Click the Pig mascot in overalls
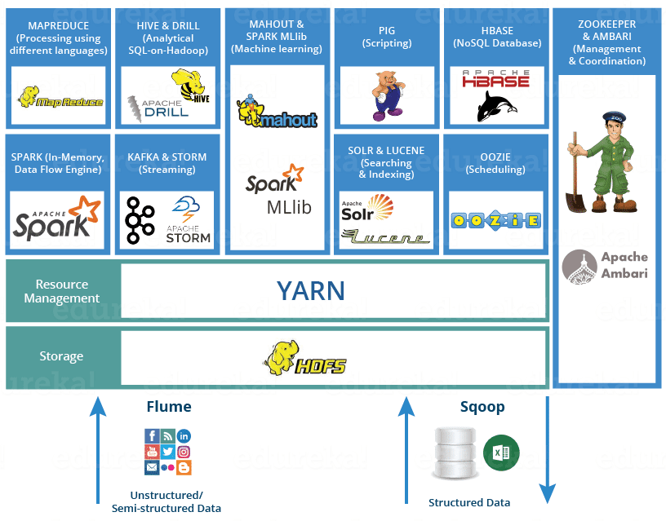(387, 95)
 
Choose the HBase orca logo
(495, 95)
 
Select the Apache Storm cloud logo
(189, 219)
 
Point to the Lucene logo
(386, 237)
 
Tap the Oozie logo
(495, 220)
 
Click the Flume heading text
(169, 406)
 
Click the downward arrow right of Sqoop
(548, 448)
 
